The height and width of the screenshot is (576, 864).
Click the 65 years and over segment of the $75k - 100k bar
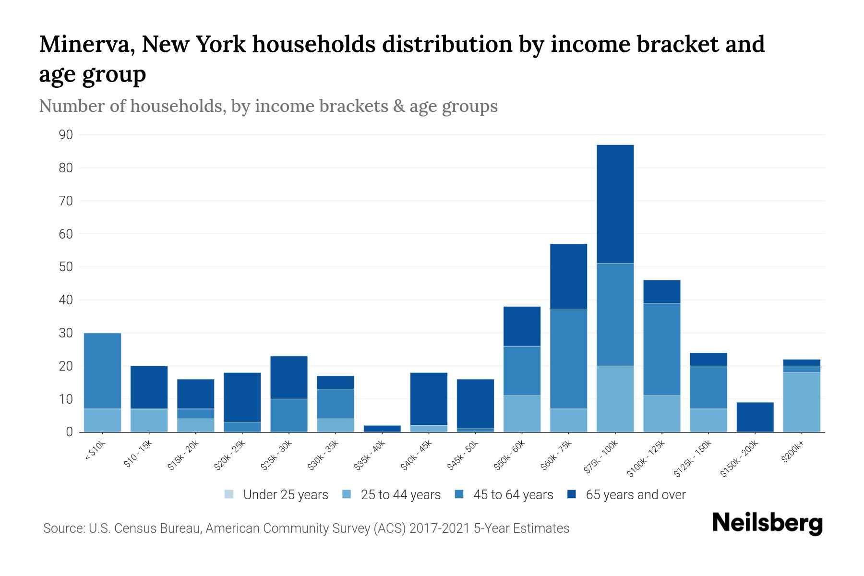point(615,204)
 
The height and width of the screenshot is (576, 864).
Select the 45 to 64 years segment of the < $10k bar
point(102,371)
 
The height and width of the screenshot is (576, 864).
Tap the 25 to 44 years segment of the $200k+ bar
point(801,402)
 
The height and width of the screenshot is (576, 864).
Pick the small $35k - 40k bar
point(382,428)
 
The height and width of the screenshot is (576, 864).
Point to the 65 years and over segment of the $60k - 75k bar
point(568,277)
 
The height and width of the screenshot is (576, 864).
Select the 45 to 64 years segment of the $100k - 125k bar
point(661,349)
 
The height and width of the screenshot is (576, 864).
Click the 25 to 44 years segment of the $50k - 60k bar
point(522,414)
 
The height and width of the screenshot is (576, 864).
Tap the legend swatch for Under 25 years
point(229,494)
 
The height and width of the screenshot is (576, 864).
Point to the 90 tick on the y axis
point(66,135)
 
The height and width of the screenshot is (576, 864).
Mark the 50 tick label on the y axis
point(66,267)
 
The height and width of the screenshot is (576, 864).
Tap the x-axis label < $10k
point(95,451)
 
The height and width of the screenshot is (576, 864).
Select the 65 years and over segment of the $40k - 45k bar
point(429,398)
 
